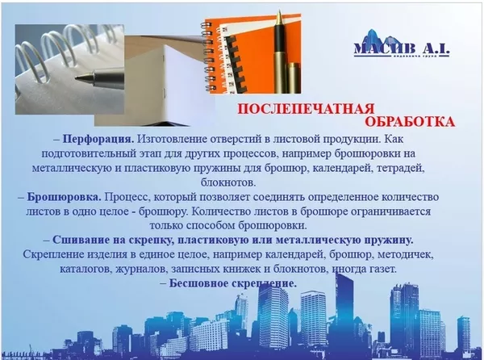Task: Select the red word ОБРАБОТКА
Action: point(411,122)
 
